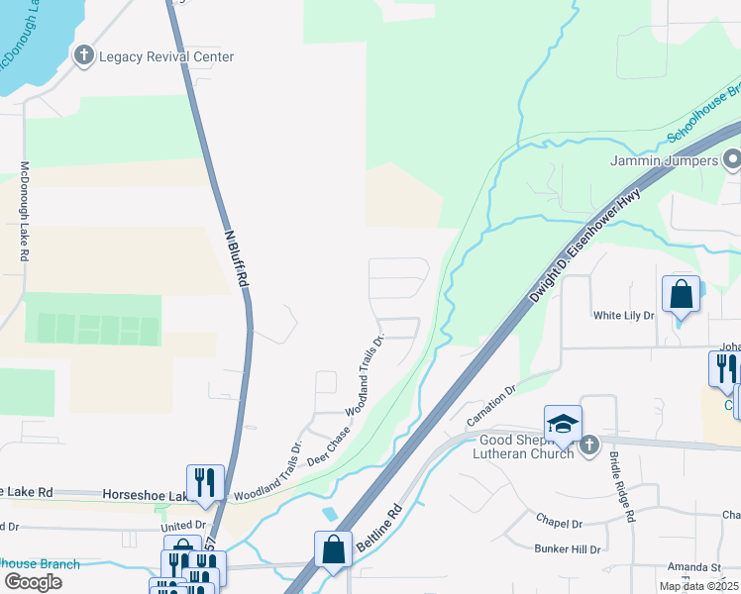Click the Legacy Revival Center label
[x=166, y=56]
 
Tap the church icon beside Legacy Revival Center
[x=85, y=56]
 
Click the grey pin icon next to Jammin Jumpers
[x=732, y=158]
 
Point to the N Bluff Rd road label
[x=234, y=259]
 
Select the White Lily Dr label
[x=624, y=316]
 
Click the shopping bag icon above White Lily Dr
[x=681, y=294]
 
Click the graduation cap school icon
[x=563, y=424]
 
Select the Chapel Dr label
[x=558, y=523]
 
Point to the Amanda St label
[x=693, y=567]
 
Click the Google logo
[x=33, y=582]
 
